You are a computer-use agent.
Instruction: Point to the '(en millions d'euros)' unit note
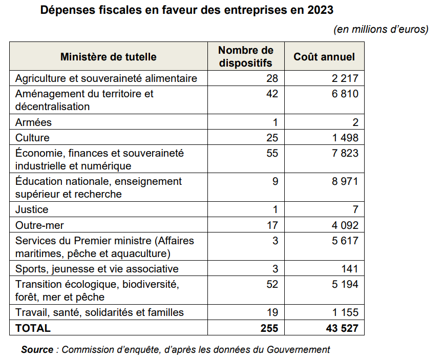(x=381, y=29)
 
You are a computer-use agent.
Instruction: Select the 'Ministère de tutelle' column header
(x=109, y=56)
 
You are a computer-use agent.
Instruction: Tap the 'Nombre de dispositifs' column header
(x=245, y=56)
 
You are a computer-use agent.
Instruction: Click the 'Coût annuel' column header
(x=324, y=56)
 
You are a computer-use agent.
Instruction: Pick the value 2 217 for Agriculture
(x=345, y=78)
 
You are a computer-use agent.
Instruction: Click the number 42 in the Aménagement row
(x=272, y=94)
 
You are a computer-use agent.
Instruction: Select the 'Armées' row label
(x=34, y=122)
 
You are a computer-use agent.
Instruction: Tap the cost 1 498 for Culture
(x=345, y=138)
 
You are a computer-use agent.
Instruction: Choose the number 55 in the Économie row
(x=272, y=153)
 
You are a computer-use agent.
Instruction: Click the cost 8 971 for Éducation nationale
(x=345, y=181)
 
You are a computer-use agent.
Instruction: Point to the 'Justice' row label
(x=32, y=209)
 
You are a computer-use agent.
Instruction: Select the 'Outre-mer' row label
(x=39, y=225)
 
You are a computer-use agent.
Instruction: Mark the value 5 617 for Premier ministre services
(x=345, y=241)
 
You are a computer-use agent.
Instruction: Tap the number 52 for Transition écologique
(x=272, y=284)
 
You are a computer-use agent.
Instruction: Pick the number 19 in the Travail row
(x=272, y=312)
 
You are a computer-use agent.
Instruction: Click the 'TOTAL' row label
(x=33, y=328)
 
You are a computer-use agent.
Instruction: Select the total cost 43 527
(x=343, y=328)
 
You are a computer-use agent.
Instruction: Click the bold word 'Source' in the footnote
(x=37, y=350)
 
